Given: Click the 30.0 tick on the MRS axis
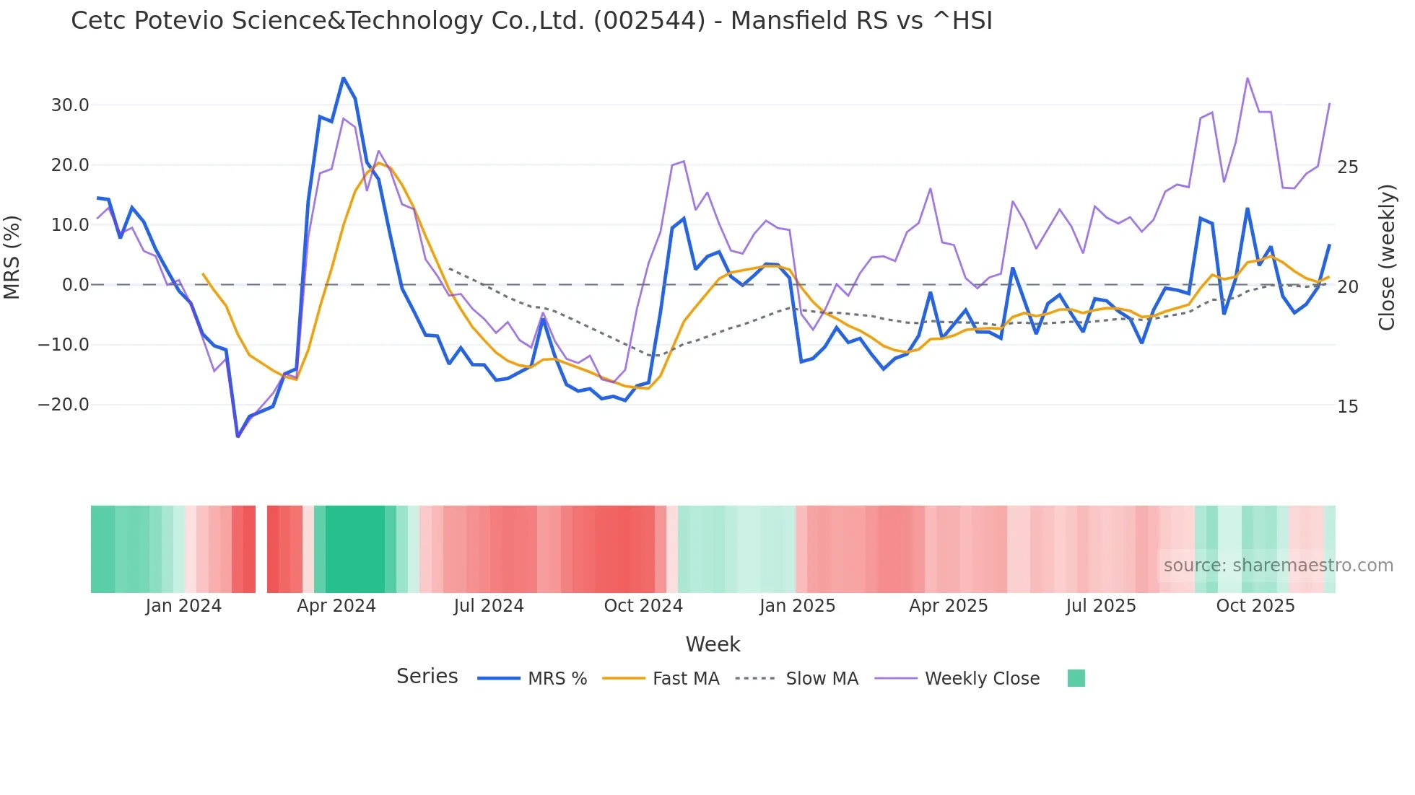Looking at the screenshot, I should [69, 105].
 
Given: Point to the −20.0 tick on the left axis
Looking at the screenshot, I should [64, 405].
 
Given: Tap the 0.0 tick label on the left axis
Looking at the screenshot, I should [75, 285].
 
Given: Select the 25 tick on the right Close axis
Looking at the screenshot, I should [1347, 167].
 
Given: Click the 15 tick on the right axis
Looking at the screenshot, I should [1347, 407].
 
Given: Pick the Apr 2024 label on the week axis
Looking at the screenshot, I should [336, 606].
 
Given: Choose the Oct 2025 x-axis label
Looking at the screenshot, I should [1255, 606].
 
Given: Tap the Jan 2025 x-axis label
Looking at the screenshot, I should [797, 606].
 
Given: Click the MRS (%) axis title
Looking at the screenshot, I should [12, 257].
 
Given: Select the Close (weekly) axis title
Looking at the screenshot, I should [1386, 258].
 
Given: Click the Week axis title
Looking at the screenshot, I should [713, 644].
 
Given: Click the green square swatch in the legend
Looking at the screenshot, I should [1076, 678].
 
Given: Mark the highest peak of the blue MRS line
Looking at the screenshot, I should [344, 77].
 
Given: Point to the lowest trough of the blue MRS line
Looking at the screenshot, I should [238, 436].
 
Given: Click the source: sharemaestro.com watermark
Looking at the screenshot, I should [1278, 566].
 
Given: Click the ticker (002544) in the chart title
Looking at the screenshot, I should [649, 21].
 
